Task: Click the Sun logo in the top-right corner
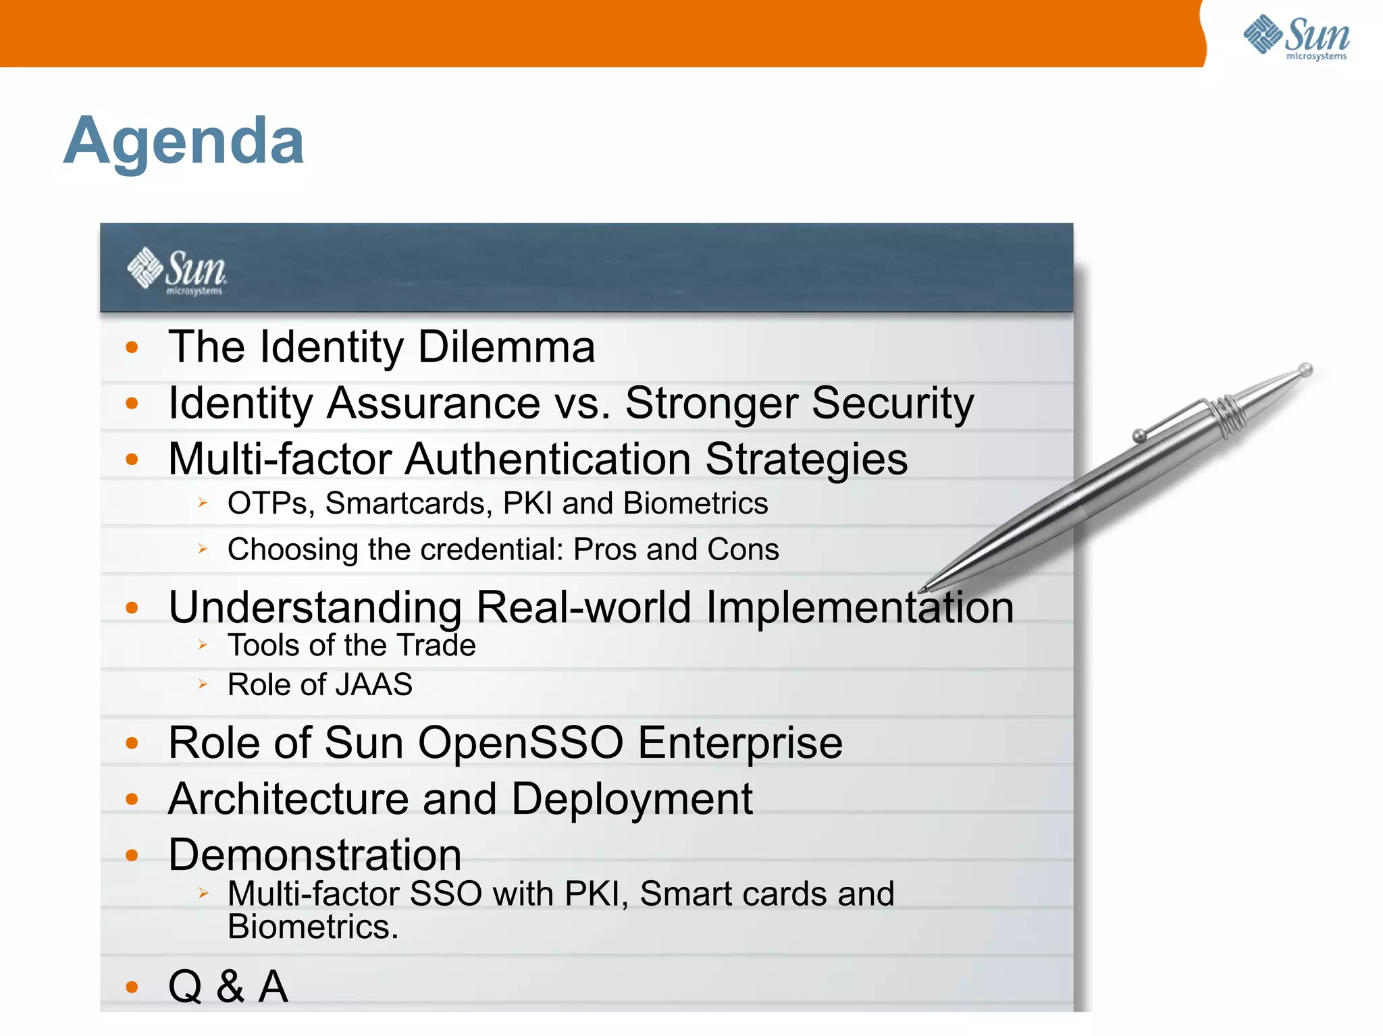[1297, 36]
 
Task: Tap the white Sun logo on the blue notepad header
[177, 271]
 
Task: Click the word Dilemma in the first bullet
[506, 347]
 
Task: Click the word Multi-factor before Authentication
[280, 460]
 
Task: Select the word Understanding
[315, 607]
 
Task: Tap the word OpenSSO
[521, 743]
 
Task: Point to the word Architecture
[288, 799]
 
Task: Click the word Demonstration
[315, 855]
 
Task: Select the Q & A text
[228, 987]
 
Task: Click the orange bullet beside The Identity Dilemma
[132, 348]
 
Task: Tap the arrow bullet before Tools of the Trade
[203, 645]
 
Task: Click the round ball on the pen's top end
[1306, 370]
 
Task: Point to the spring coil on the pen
[1227, 414]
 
